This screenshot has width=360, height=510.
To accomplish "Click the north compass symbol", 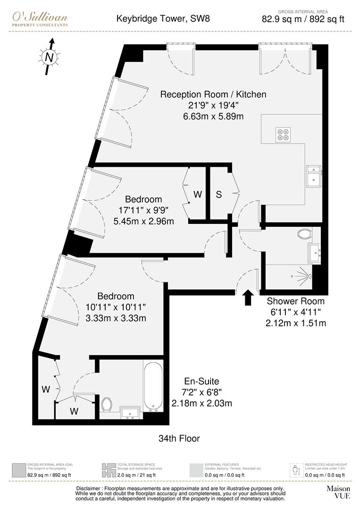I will [49, 57].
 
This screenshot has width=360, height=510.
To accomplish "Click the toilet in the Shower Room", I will [305, 233].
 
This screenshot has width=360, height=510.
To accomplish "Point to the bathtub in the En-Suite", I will [153, 386].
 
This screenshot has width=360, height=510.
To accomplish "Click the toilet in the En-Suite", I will [107, 404].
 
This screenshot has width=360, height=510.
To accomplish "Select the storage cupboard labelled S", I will [219, 194].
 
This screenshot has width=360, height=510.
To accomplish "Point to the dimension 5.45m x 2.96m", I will [143, 221].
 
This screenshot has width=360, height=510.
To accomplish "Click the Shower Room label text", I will [295, 301].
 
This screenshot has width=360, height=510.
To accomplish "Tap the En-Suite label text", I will [201, 382].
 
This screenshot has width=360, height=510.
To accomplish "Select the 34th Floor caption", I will [179, 439].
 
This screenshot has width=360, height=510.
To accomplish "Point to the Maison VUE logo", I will [338, 492].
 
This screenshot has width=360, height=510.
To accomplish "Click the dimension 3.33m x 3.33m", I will [116, 318].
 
